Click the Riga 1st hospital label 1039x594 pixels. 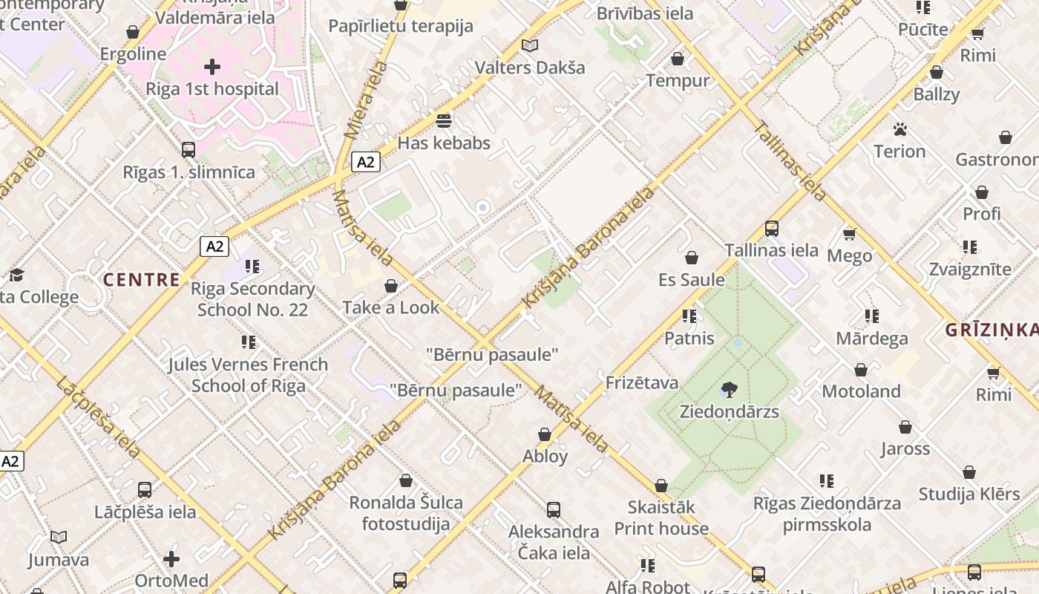click(x=212, y=89)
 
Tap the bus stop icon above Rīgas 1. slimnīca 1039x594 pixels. click(x=189, y=149)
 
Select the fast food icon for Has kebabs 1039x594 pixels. click(x=444, y=120)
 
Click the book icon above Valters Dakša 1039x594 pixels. click(x=529, y=46)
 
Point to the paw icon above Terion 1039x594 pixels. click(x=900, y=130)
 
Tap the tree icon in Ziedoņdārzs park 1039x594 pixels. click(x=730, y=389)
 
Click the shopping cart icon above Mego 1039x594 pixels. click(x=850, y=234)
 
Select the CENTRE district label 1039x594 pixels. click(x=141, y=280)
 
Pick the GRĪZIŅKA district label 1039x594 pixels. click(x=992, y=330)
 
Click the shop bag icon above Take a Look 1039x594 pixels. click(x=391, y=286)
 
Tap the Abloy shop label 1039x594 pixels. click(x=545, y=456)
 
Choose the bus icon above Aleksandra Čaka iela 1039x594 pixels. click(x=553, y=510)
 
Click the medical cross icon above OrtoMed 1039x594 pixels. click(x=171, y=558)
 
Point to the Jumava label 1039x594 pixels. click(x=59, y=560)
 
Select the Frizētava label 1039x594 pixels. click(x=642, y=382)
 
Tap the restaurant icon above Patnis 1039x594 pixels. click(x=689, y=316)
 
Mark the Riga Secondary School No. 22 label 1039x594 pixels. click(x=252, y=298)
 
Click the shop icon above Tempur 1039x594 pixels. click(x=678, y=59)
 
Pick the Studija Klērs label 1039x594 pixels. click(x=969, y=494)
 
